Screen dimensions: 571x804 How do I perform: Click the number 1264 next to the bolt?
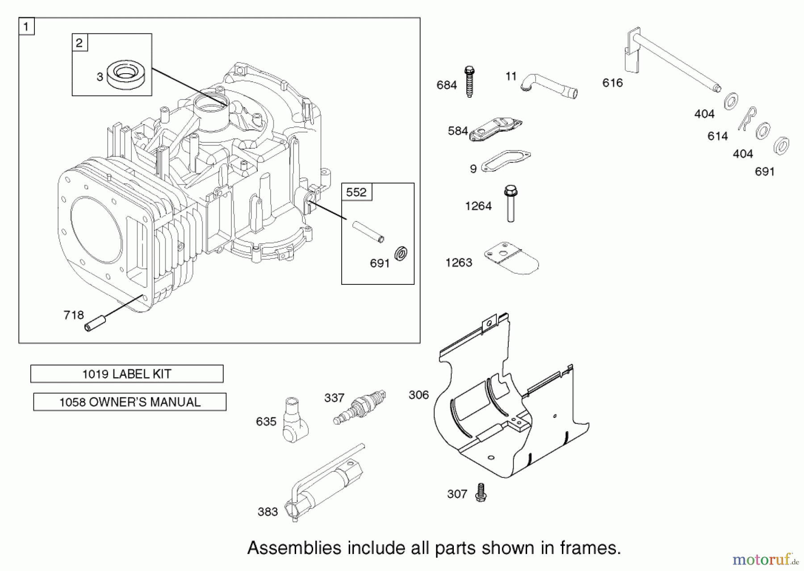(x=478, y=206)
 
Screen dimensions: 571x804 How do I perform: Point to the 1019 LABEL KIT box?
(x=127, y=374)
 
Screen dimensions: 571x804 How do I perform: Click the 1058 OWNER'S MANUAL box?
(x=130, y=402)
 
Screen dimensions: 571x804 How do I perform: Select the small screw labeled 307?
(x=481, y=493)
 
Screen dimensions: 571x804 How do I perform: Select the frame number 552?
(x=356, y=192)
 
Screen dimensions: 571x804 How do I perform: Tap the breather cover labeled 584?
(x=496, y=129)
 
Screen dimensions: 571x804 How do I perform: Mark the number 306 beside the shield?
(x=419, y=395)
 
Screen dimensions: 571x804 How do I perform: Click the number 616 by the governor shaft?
(x=612, y=83)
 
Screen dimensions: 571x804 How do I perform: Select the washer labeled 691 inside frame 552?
(x=401, y=254)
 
